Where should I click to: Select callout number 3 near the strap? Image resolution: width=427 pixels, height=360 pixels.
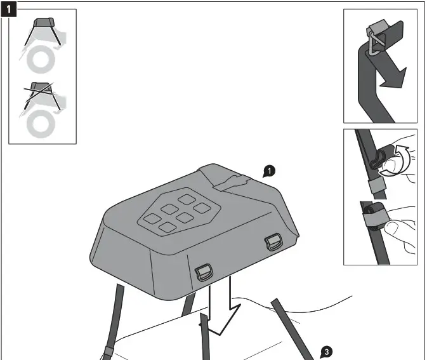(325, 350)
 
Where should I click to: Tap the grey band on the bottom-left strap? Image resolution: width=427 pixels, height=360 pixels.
(107, 351)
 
